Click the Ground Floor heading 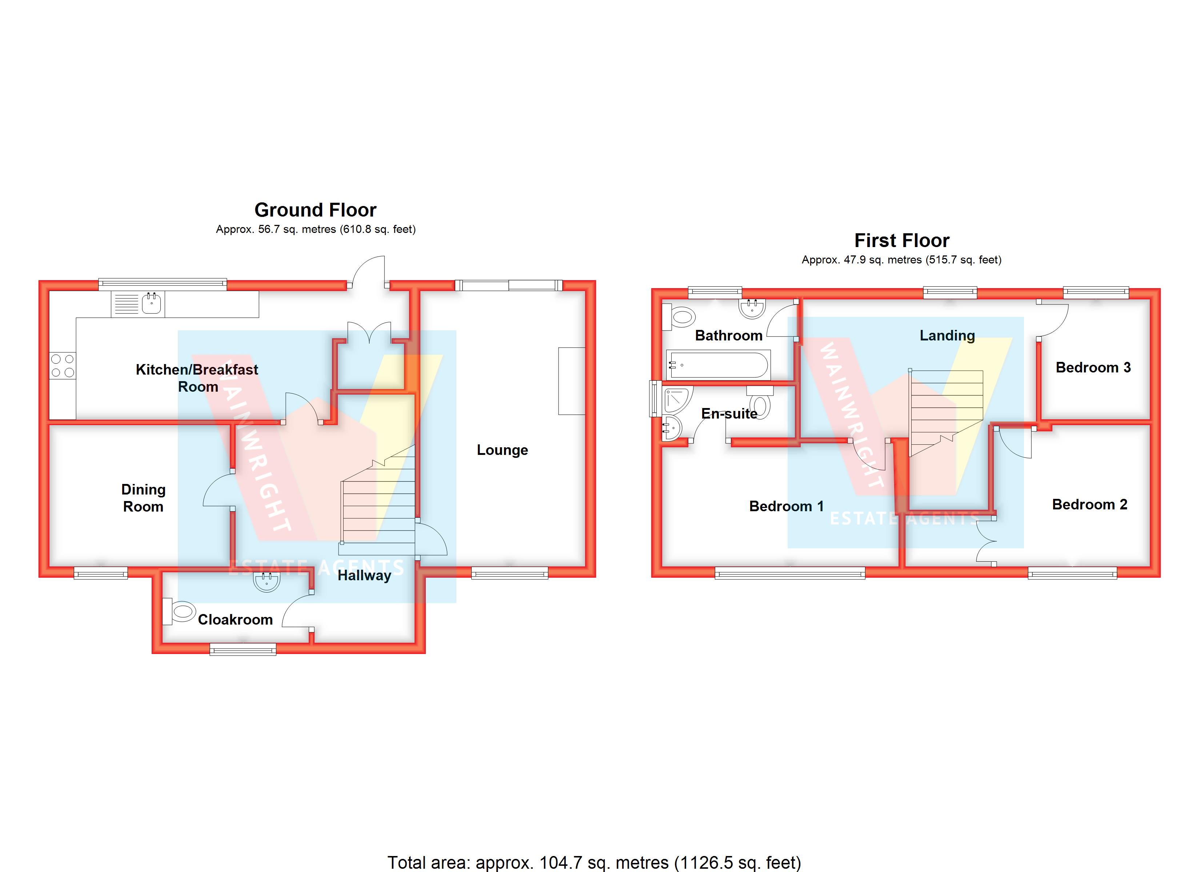[315, 210]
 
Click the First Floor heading [901, 241]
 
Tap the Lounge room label [502, 450]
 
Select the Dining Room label [143, 498]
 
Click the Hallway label [365, 576]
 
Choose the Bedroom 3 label [1093, 368]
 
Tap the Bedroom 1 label [786, 506]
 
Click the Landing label [947, 335]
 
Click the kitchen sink [151, 303]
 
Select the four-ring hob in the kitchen [63, 366]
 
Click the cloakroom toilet [181, 612]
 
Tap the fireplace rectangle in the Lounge [571, 381]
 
